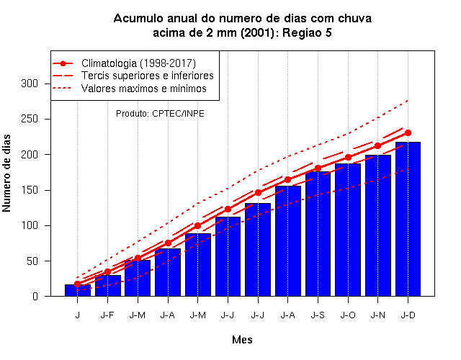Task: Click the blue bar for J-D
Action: pyautogui.click(x=408, y=219)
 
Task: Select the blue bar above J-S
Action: pyautogui.click(x=318, y=233)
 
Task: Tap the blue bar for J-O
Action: pyautogui.click(x=348, y=230)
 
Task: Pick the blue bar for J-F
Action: pyautogui.click(x=107, y=286)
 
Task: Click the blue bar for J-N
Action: pyautogui.click(x=377, y=225)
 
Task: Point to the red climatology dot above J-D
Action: pyautogui.click(x=408, y=132)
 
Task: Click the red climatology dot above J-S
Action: pyautogui.click(x=318, y=168)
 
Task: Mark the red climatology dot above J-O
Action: pyautogui.click(x=348, y=158)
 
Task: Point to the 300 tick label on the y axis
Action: pyautogui.click(x=30, y=84)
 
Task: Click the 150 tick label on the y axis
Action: pyautogui.click(x=30, y=190)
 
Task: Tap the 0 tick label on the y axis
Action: pyautogui.click(x=35, y=296)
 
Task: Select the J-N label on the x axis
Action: pyautogui.click(x=377, y=315)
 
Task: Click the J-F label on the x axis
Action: pyautogui.click(x=107, y=315)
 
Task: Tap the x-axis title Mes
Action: pyautogui.click(x=242, y=340)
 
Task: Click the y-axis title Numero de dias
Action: pyautogui.click(x=6, y=173)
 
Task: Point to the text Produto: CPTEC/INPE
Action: pyautogui.click(x=160, y=114)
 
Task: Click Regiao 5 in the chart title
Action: pyautogui.click(x=307, y=33)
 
